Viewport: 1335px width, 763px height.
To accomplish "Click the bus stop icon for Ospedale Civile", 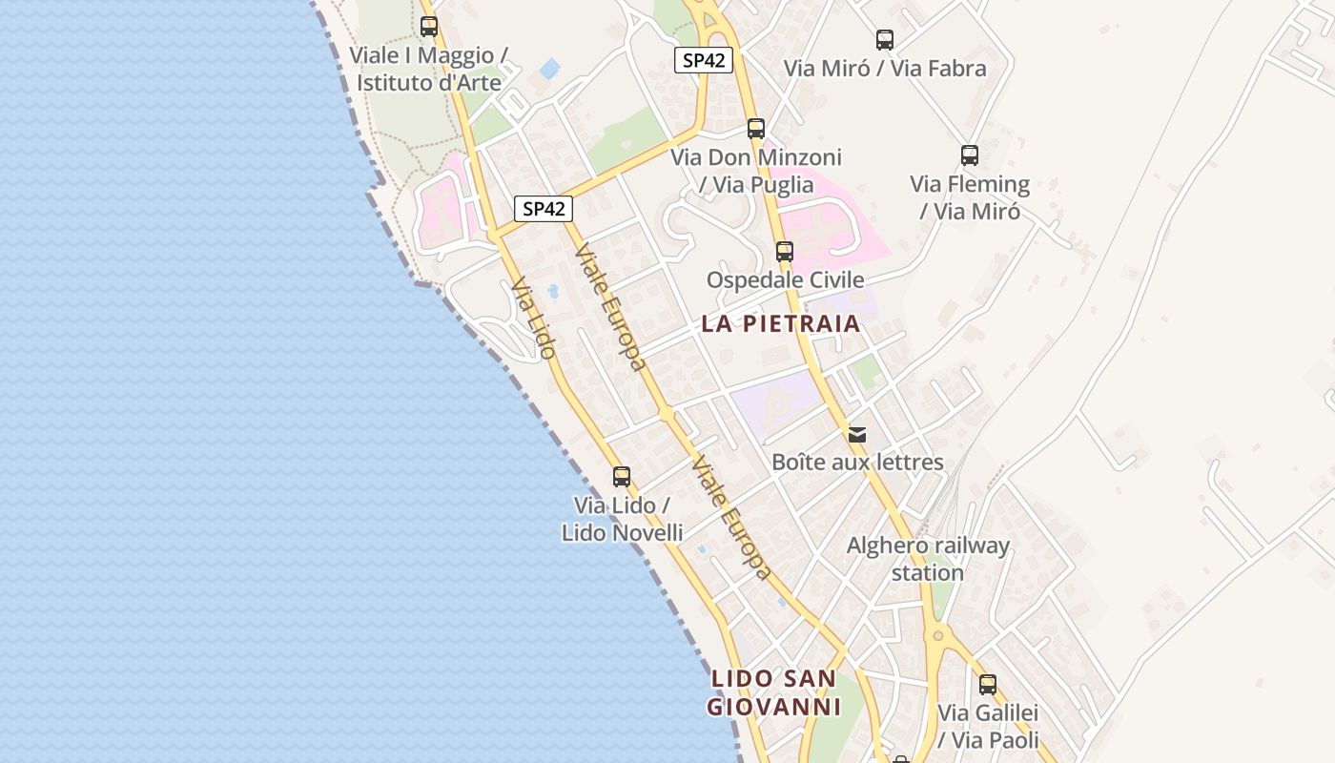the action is [784, 252].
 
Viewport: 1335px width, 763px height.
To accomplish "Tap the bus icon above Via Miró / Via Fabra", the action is [885, 40].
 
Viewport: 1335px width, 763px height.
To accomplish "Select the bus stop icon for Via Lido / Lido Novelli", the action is [622, 477].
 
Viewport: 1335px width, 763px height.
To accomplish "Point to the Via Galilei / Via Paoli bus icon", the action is [988, 684].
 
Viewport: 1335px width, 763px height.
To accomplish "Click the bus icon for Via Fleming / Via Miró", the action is [970, 155].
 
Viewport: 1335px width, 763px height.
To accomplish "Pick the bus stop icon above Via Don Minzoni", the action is [756, 128].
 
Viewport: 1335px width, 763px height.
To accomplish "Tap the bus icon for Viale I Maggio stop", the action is [429, 27].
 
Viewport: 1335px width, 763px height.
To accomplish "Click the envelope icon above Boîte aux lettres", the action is [857, 435].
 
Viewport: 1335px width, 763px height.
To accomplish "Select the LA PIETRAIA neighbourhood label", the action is [781, 323].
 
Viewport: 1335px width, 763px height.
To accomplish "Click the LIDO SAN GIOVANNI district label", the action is [774, 693].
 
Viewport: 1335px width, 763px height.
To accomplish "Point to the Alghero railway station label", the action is [928, 559].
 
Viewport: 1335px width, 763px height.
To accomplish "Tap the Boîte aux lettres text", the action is [857, 463].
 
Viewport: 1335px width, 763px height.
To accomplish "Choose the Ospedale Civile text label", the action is [785, 279].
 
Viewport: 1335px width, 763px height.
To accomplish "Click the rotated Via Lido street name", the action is [533, 319].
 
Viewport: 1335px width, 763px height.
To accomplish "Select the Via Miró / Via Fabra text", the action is [885, 69].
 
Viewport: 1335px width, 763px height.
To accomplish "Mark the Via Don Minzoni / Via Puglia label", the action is [756, 171].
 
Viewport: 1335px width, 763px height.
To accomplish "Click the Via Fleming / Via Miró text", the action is [970, 197].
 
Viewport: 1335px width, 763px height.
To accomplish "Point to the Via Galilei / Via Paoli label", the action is [988, 726].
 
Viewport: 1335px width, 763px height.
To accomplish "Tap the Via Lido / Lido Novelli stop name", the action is [622, 519].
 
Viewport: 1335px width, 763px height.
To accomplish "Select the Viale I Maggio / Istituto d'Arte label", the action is [429, 69].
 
